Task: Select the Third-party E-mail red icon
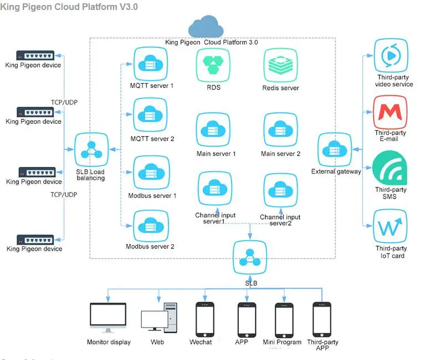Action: coord(390,112)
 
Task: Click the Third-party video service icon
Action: coord(390,55)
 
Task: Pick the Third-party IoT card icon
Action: coord(390,226)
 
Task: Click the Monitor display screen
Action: coord(109,318)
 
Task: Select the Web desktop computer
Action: coord(158,320)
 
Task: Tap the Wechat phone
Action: coord(205,319)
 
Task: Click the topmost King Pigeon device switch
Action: coord(35,55)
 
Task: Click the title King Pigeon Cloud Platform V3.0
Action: coord(69,7)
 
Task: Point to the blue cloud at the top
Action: coord(206,27)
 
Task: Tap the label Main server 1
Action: coord(216,154)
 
